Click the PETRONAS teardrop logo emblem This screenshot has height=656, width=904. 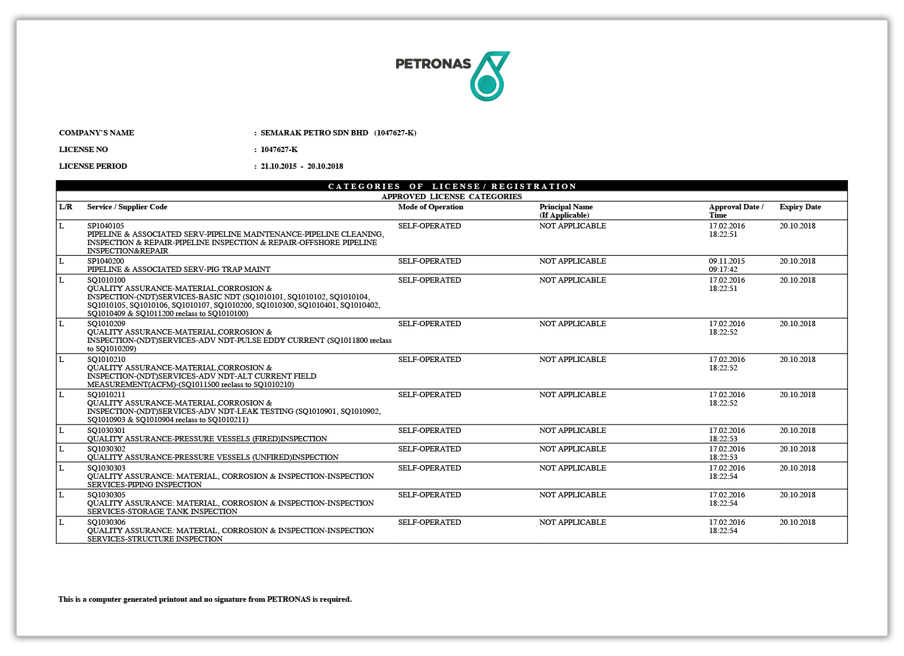coord(489,76)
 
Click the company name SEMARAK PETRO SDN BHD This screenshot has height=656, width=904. coord(314,133)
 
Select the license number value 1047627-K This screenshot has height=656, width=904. coord(278,150)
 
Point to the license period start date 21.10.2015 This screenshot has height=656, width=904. coord(278,166)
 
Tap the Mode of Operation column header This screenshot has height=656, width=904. coord(431,207)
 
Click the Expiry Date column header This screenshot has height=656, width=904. coord(800,207)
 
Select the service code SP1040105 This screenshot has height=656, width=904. coord(106,226)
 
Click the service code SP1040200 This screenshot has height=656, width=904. coord(106,261)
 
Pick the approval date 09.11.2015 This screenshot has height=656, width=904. coord(726,261)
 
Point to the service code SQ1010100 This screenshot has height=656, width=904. coord(106,280)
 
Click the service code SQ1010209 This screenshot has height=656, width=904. coord(106,324)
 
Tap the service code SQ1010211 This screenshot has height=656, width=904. coord(106,395)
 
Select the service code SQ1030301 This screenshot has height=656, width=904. coord(106,431)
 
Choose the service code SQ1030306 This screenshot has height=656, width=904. coord(106,522)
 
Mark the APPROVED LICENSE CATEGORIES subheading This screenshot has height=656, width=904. coord(451,197)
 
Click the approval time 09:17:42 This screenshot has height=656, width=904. coord(723,270)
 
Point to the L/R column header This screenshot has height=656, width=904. coord(66,207)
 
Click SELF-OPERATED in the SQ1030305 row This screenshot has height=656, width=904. coord(429,495)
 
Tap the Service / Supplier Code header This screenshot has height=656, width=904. coord(127,207)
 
